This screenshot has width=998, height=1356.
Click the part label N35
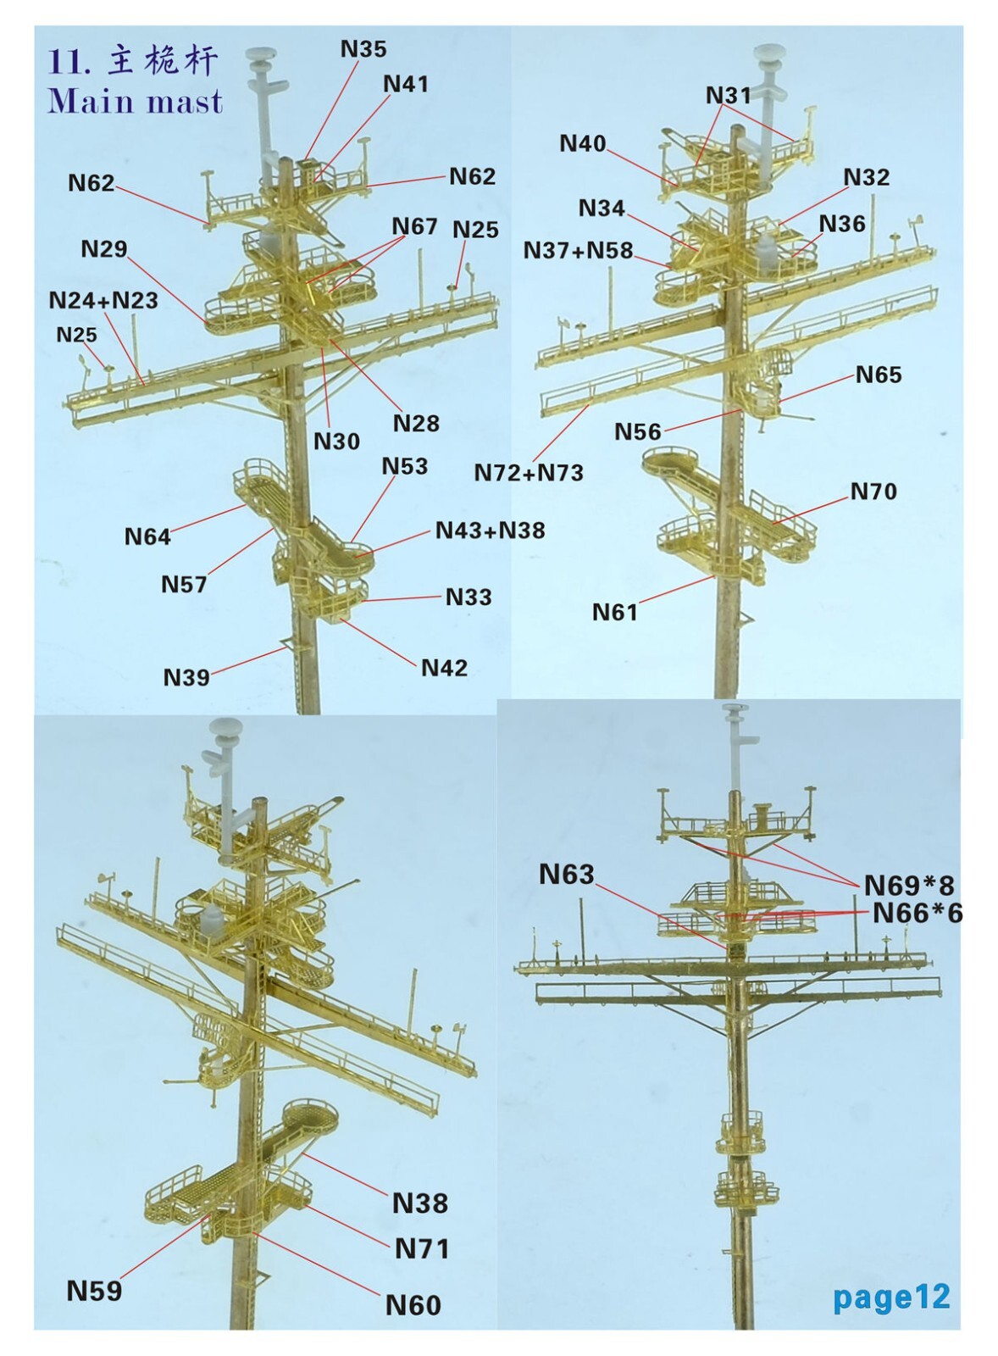pyautogui.click(x=363, y=49)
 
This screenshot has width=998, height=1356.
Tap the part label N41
pyautogui.click(x=406, y=84)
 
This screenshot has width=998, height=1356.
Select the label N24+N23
pyautogui.click(x=103, y=300)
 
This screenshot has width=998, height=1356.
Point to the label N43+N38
pyautogui.click(x=491, y=531)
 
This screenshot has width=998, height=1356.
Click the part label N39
pyautogui.click(x=186, y=677)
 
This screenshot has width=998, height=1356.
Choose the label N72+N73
pyautogui.click(x=529, y=472)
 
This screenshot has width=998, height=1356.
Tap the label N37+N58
pyautogui.click(x=579, y=250)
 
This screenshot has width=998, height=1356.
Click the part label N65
pyautogui.click(x=879, y=375)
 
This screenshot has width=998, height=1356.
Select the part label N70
pyautogui.click(x=873, y=492)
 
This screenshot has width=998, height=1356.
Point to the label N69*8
pyautogui.click(x=908, y=886)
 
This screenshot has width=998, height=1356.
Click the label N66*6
pyautogui.click(x=917, y=914)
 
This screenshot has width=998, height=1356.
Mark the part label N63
pyautogui.click(x=567, y=874)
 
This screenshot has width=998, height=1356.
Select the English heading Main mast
pyautogui.click(x=136, y=101)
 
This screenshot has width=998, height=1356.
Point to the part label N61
pyautogui.click(x=615, y=613)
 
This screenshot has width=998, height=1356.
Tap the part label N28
pyautogui.click(x=416, y=423)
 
